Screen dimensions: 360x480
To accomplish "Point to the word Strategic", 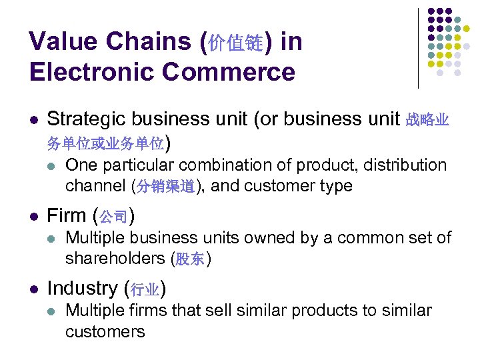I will coord(86,119).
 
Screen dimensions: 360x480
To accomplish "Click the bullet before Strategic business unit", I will coord(33,120).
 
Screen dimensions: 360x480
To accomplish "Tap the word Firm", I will coord(67,215).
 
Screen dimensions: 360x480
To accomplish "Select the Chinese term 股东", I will coord(190,259).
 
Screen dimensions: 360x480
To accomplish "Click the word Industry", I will coord(83,288).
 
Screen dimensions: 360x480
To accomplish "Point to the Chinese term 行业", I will coord(145,289).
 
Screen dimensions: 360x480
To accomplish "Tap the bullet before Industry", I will coord(33,289).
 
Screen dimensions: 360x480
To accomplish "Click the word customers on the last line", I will coord(105,331).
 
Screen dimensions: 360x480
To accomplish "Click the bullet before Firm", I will coord(33,216).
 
